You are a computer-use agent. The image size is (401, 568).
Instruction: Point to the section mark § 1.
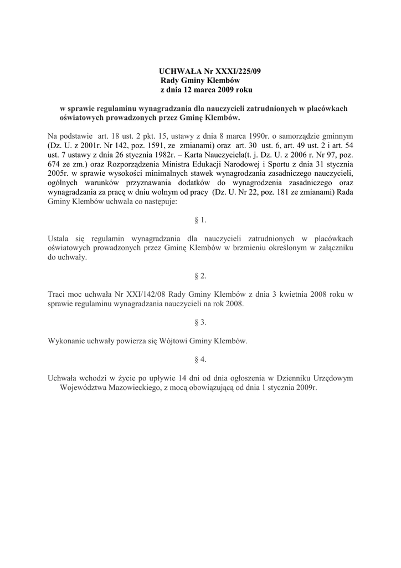200,220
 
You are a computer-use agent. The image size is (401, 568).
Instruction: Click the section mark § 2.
200,276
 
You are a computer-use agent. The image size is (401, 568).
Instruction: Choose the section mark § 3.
200,322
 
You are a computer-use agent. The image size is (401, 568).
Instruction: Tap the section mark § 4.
200,359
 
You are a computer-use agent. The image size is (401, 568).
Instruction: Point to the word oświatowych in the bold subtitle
81,118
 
